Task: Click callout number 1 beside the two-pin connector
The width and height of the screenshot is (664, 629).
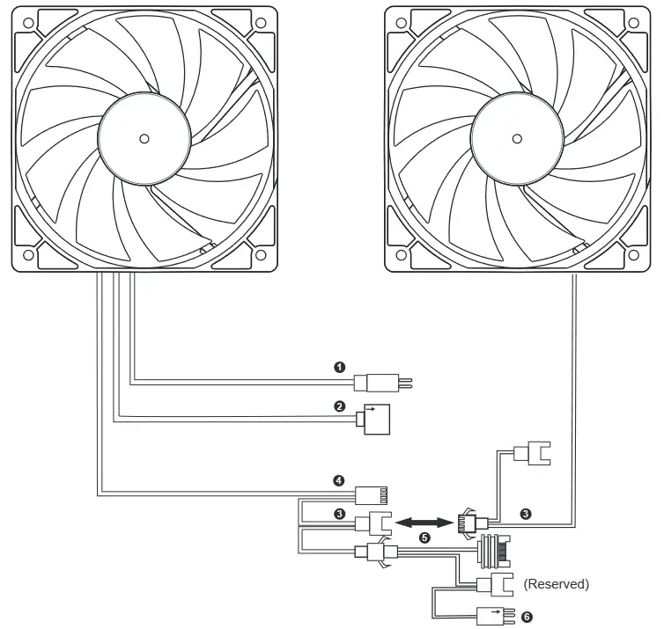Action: click(340, 368)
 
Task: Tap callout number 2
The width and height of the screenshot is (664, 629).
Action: click(340, 406)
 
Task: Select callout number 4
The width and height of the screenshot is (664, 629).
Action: click(338, 480)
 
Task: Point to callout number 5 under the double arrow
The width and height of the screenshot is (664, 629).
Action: click(425, 537)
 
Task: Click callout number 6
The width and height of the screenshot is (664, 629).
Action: click(527, 617)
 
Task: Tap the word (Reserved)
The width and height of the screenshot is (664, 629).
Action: click(556, 584)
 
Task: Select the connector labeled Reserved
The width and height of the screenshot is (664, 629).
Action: click(493, 583)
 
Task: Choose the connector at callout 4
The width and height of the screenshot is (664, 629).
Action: click(372, 494)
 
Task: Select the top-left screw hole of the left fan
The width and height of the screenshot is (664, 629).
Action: click(27, 20)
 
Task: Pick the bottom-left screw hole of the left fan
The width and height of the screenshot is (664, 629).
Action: click(27, 255)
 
